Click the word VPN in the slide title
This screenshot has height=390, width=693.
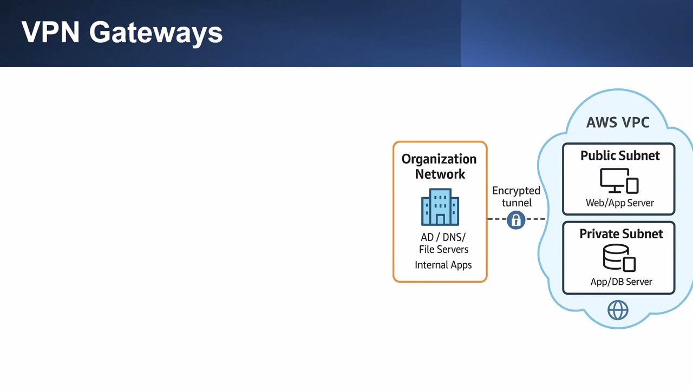click(50, 32)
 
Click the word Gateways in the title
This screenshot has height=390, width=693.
click(156, 34)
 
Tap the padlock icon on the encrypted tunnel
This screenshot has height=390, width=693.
click(516, 220)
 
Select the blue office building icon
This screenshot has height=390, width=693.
click(440, 207)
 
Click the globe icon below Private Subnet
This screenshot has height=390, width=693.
click(618, 310)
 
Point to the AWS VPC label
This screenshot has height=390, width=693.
click(618, 122)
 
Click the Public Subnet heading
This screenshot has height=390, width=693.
click(620, 155)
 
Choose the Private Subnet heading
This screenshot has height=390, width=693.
click(621, 234)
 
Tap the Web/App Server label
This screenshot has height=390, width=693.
click(620, 203)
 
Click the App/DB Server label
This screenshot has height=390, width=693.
click(621, 282)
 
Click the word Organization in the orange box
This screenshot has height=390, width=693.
click(439, 160)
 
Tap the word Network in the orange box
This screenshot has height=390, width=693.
click(440, 174)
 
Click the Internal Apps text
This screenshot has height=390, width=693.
click(443, 265)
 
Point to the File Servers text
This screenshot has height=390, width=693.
click(443, 249)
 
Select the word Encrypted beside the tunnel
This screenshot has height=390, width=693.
click(517, 191)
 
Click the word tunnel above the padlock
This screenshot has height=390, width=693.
click(517, 203)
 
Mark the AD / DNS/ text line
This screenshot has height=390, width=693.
click(443, 237)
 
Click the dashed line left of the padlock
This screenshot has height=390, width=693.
click(497, 219)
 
